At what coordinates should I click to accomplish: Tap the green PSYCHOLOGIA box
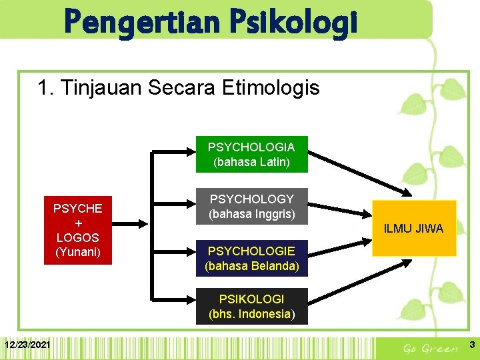click(x=251, y=154)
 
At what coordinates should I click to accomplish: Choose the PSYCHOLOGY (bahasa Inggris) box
click(x=251, y=207)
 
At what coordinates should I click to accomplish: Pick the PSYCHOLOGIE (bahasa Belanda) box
click(x=251, y=259)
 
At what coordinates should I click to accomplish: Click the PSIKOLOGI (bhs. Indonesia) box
click(x=251, y=306)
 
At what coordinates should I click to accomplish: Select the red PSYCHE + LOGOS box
click(x=77, y=230)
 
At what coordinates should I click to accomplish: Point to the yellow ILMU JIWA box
click(x=414, y=228)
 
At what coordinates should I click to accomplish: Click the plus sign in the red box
click(x=77, y=223)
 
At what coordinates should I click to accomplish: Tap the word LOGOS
click(x=77, y=237)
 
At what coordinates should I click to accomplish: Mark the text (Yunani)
click(x=77, y=252)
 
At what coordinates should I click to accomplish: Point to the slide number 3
click(x=471, y=345)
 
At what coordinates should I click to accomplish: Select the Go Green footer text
click(x=431, y=348)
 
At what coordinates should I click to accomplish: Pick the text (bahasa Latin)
click(x=251, y=161)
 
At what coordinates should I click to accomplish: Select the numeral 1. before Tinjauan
click(x=46, y=87)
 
